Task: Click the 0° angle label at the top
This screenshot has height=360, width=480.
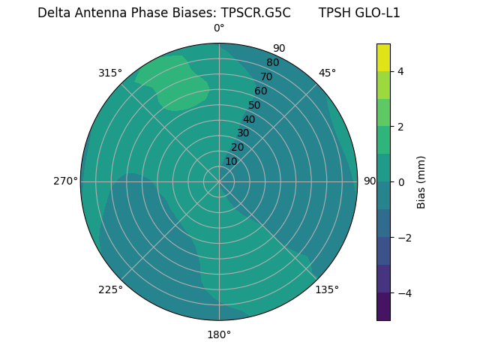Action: coord(219,28)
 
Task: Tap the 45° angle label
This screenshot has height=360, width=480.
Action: coord(327,73)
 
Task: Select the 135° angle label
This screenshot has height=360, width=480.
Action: coord(327,289)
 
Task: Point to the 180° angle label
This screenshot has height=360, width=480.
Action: coord(219,334)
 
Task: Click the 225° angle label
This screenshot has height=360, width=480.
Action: coord(110,290)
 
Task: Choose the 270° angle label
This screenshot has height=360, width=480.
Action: coord(66,181)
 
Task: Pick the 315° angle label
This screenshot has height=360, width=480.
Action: coord(110,73)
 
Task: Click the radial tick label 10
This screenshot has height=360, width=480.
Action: coord(231,161)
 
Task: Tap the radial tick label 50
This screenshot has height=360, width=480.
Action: coord(255,105)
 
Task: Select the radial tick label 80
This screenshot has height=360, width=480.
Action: coord(272,62)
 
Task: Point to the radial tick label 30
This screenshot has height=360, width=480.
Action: coord(243,133)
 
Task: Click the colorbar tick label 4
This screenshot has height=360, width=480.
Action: coord(401,71)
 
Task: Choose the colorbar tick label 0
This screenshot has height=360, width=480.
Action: coord(401,182)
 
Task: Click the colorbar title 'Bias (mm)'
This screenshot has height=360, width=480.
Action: coord(421,182)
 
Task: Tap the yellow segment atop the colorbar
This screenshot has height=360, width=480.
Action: coord(384,58)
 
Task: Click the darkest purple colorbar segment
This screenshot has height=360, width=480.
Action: coord(384,306)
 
